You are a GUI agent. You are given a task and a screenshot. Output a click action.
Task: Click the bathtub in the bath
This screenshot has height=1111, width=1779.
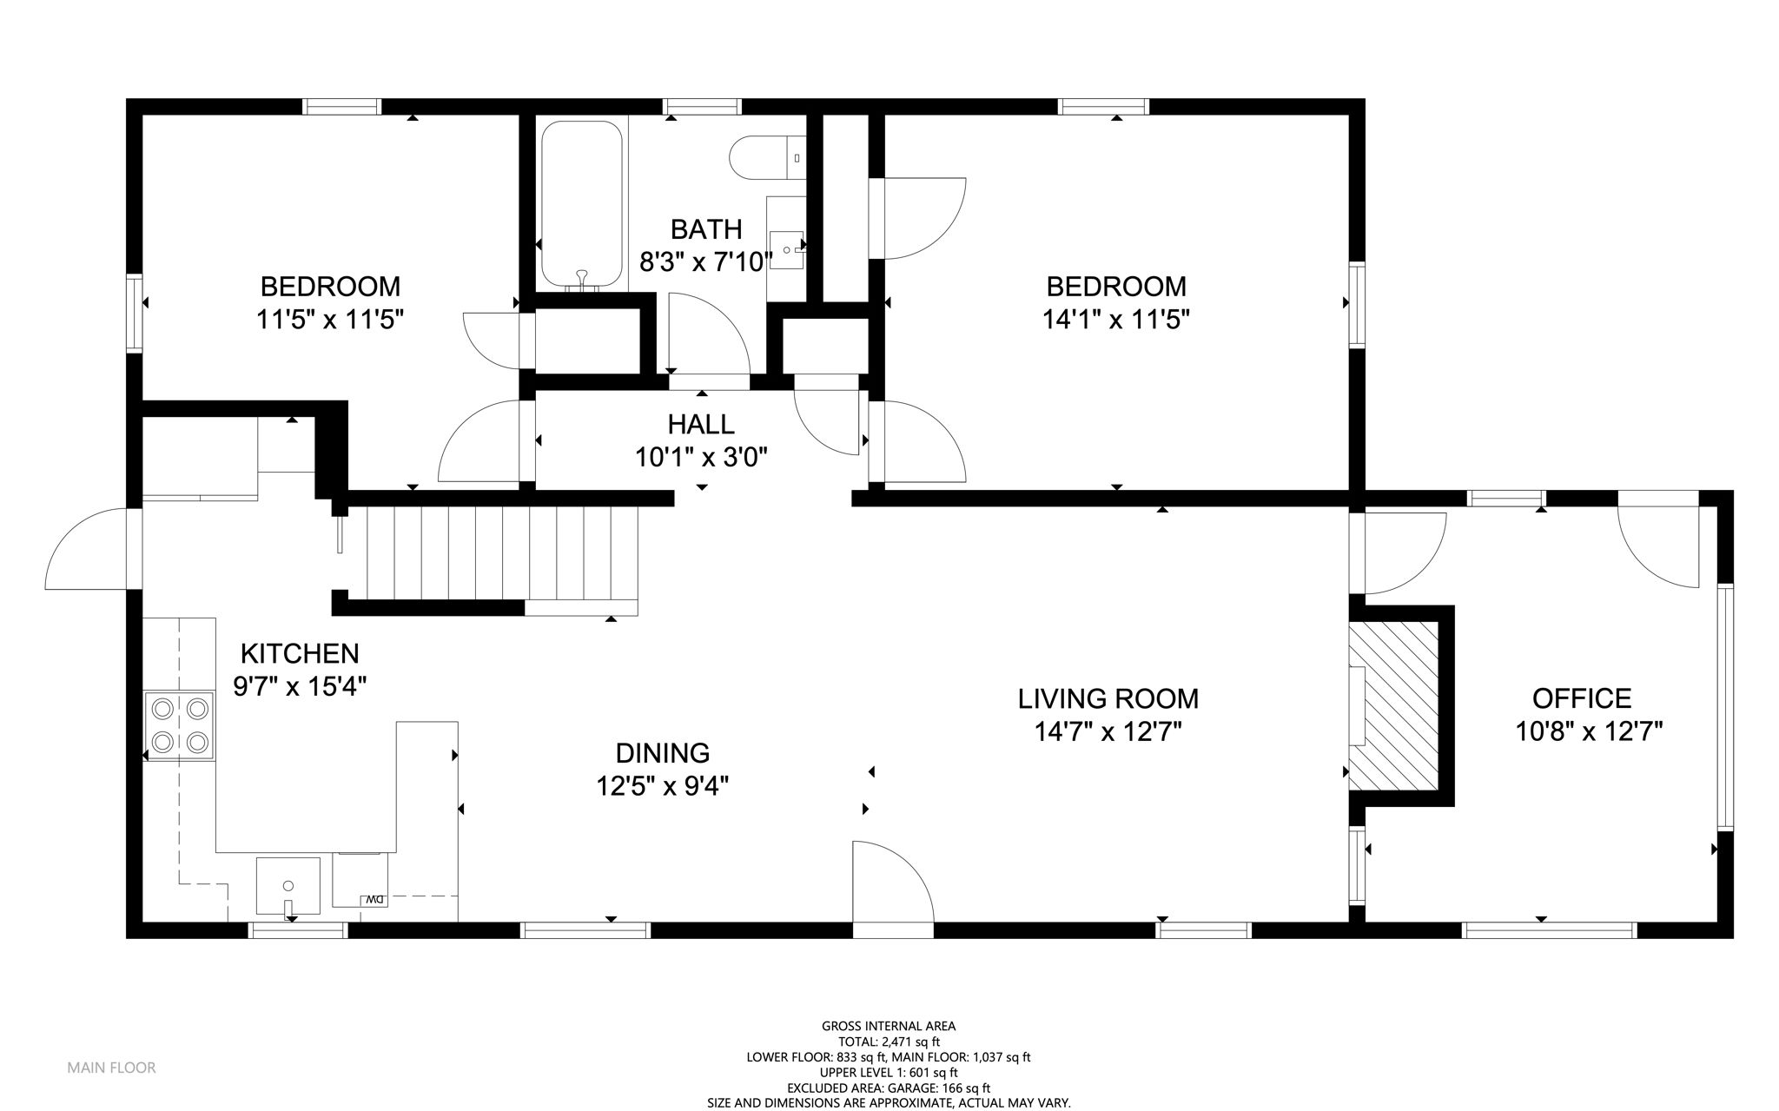pyautogui.click(x=582, y=205)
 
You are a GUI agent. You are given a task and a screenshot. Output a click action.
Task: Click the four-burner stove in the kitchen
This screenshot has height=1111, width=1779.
pyautogui.click(x=179, y=724)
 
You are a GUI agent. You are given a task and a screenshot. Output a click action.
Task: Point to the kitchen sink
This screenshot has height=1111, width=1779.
pyautogui.click(x=288, y=887)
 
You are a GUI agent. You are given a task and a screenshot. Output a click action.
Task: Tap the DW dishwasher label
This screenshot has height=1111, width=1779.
pyautogui.click(x=374, y=899)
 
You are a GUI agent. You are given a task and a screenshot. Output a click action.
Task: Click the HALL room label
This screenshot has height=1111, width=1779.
pyautogui.click(x=701, y=424)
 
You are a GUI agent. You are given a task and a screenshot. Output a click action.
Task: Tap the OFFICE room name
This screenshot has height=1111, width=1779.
pyautogui.click(x=1582, y=698)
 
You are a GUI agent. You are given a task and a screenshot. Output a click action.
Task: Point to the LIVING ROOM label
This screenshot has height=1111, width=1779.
pyautogui.click(x=1108, y=698)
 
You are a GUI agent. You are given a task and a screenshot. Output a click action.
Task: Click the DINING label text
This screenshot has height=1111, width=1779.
pyautogui.click(x=663, y=752)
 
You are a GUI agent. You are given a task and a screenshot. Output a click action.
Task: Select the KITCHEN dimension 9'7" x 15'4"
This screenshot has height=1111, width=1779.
pyautogui.click(x=300, y=686)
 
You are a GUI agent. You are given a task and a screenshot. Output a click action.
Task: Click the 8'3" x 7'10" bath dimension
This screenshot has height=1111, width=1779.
pyautogui.click(x=706, y=261)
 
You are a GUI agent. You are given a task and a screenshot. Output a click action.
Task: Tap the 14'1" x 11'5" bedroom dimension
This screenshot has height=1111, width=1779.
pyautogui.click(x=1116, y=320)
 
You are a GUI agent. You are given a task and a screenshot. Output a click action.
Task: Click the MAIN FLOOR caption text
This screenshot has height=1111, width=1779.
pyautogui.click(x=112, y=1068)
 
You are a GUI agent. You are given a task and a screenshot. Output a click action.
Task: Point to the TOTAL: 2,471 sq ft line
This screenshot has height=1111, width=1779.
pyautogui.click(x=889, y=1042)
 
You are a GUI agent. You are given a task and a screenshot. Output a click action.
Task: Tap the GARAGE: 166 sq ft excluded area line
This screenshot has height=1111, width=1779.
pyautogui.click(x=889, y=1088)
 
